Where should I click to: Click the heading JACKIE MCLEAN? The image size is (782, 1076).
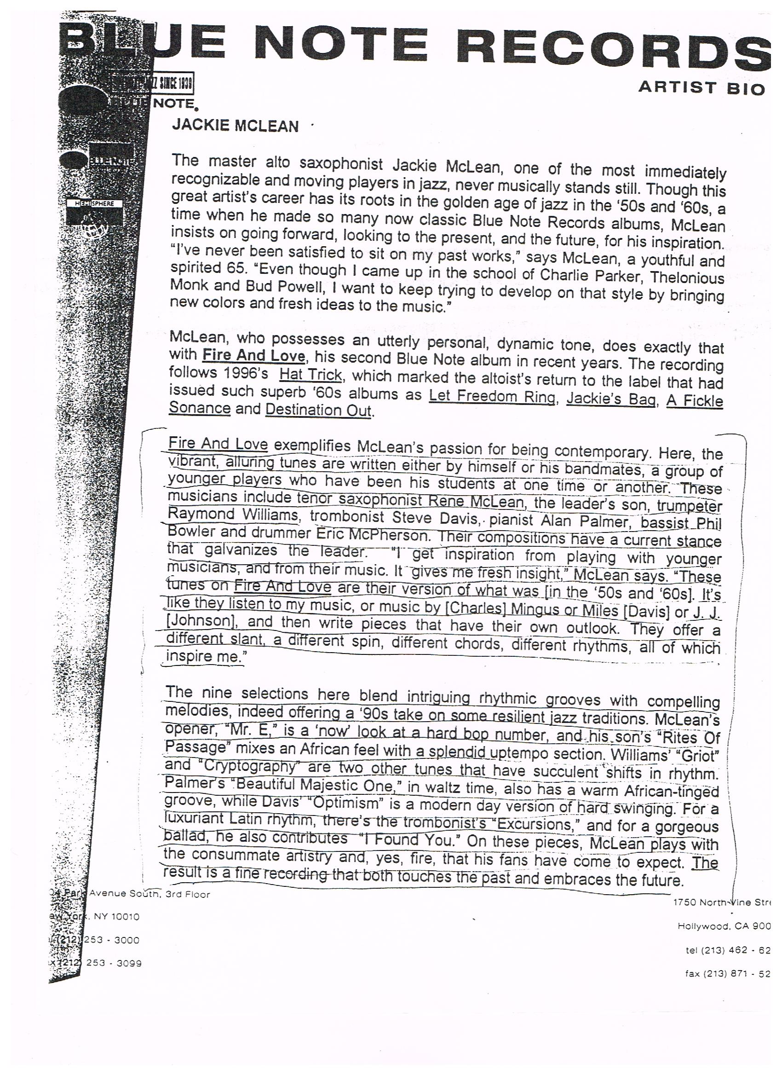pos(235,126)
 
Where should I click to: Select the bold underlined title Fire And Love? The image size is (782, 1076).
pos(253,355)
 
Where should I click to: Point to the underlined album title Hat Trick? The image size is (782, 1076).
pos(310,374)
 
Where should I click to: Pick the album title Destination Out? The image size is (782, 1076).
pos(319,410)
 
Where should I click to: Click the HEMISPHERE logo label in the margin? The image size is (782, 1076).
pos(95,203)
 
